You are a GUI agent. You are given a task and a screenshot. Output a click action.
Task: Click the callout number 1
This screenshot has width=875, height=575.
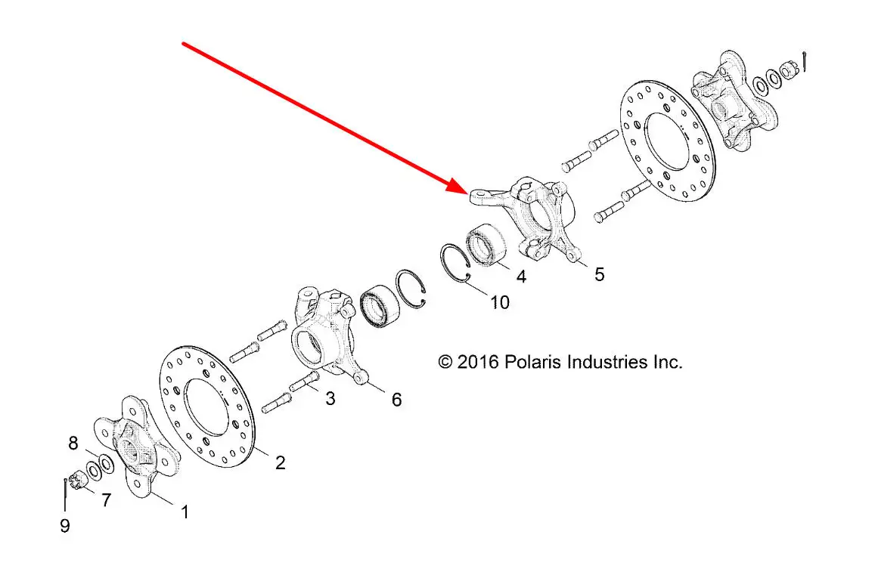coord(185,512)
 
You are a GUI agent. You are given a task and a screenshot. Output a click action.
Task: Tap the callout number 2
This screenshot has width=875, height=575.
coord(280,462)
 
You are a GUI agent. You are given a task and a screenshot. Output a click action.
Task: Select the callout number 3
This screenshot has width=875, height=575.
coord(330,398)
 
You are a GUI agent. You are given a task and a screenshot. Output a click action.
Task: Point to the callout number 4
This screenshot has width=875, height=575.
coord(521,276)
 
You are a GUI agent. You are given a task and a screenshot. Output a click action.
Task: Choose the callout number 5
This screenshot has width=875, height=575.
coord(599,274)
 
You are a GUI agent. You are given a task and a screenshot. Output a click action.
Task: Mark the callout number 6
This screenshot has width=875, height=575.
coord(396,399)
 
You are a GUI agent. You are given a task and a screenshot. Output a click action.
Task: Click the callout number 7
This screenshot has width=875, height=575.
coord(106,499)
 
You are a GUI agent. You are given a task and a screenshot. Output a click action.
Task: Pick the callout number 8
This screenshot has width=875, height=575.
coord(73,443)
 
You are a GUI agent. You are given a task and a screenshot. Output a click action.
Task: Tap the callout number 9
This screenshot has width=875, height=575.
coord(65,525)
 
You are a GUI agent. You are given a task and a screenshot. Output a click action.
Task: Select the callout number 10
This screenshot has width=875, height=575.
coord(499,302)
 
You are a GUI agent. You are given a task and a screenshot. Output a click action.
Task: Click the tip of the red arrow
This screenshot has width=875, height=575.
coord(468,193)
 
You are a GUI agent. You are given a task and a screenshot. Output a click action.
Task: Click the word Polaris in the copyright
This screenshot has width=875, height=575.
coord(533,362)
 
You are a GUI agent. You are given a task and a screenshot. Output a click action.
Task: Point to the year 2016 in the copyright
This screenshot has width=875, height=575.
coord(478,362)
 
